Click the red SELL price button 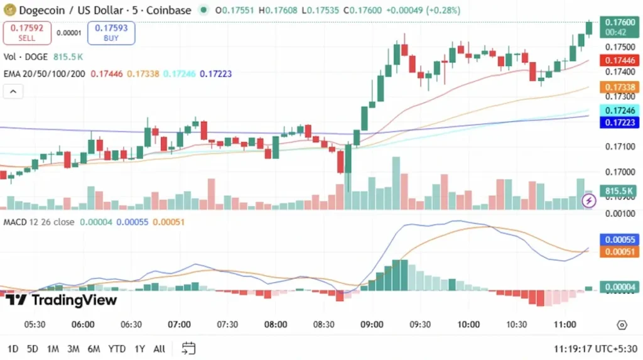[27, 33]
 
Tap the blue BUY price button [111, 33]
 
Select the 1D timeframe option [13, 349]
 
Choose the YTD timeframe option [117, 349]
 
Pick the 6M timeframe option [94, 349]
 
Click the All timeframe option [159, 349]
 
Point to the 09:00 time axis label [372, 324]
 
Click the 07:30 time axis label [227, 324]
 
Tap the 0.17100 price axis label [619, 146]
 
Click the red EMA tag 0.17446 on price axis [619, 60]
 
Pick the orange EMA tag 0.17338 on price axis [619, 87]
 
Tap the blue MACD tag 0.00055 [619, 239]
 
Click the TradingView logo [61, 300]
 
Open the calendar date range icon [189, 348]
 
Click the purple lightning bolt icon [589, 201]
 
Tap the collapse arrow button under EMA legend [13, 92]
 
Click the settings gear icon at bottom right [622, 325]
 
